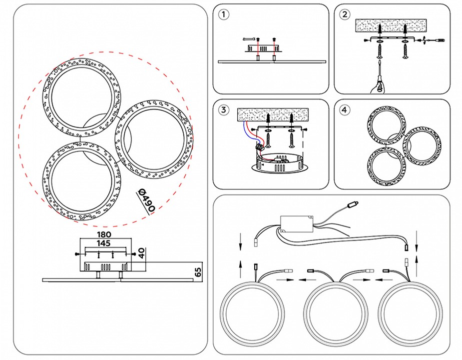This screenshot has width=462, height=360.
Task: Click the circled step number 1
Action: pos(224,14)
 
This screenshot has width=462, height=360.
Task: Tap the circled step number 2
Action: pos(344,14)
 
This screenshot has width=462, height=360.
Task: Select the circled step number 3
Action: pos(224,110)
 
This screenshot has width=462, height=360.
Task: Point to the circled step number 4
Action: pos(344,110)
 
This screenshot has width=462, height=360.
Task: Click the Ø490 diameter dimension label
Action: pos(145,201)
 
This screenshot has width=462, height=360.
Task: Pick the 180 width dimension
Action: pos(104,234)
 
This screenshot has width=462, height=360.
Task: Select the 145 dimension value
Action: pos(104,243)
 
